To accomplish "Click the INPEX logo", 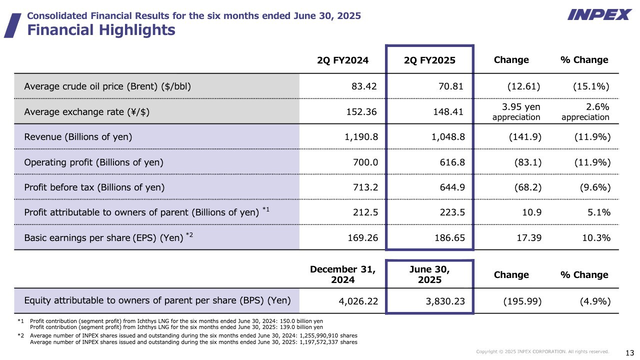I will [599, 15].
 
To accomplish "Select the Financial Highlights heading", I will [101, 30].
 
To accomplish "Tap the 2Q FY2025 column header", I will [429, 60].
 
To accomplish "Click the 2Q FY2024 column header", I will [342, 60].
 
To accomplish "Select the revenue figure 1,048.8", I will [448, 137].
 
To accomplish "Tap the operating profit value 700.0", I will [364, 162].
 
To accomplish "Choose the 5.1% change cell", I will [599, 212].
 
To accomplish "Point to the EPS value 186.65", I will [448, 237].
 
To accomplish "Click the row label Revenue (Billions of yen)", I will [78, 137].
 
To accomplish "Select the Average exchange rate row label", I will [87, 112].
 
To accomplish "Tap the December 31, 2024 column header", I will [342, 274].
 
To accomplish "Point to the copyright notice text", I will [542, 352].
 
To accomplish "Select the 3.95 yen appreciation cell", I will [516, 112].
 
